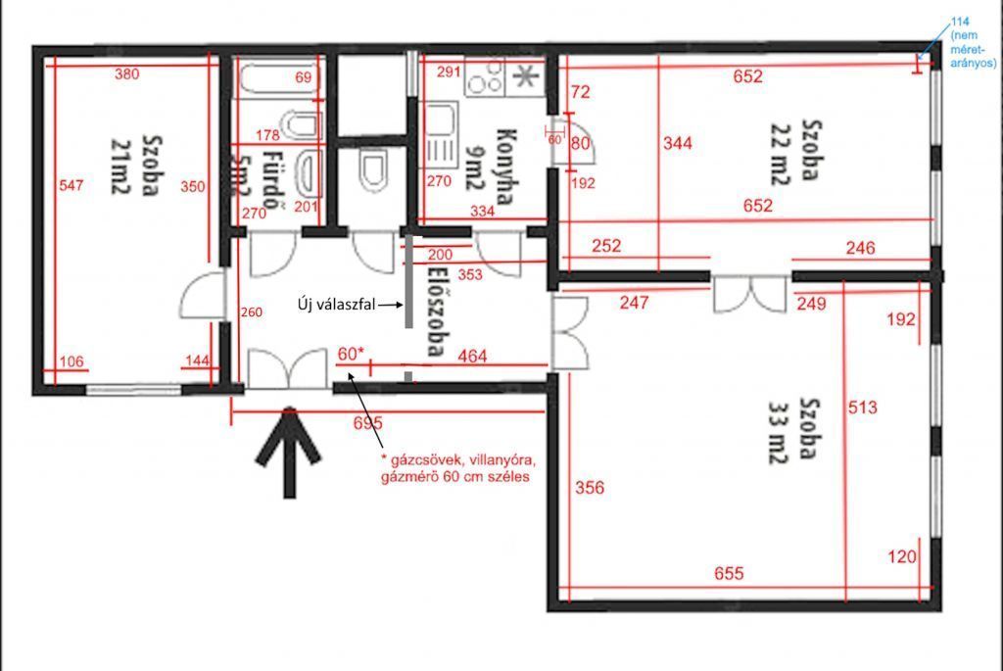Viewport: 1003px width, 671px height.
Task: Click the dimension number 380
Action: pos(126,74)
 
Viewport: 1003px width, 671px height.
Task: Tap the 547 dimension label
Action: pos(71,185)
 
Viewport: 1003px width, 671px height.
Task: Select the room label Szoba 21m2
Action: pos(137,165)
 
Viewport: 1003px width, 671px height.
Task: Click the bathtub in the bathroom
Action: pos(279,78)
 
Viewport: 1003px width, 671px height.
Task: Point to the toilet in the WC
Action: pos(373,170)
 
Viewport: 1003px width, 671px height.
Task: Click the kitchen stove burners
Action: pos(485,77)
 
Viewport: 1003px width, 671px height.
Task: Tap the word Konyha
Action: pos(506,166)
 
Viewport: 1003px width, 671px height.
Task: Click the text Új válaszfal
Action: pos(337,305)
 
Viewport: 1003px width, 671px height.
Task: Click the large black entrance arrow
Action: pos(289,452)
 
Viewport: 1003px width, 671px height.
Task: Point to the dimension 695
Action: pos(368,423)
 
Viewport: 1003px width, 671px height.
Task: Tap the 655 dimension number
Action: pos(729,573)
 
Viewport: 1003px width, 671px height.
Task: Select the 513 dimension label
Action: pos(862,407)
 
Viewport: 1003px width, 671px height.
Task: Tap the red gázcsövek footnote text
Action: pos(458,468)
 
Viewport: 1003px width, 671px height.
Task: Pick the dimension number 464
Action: pos(472,357)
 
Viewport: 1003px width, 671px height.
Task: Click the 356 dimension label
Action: pos(589,488)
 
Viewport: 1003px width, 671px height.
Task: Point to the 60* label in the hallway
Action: pos(351,354)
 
